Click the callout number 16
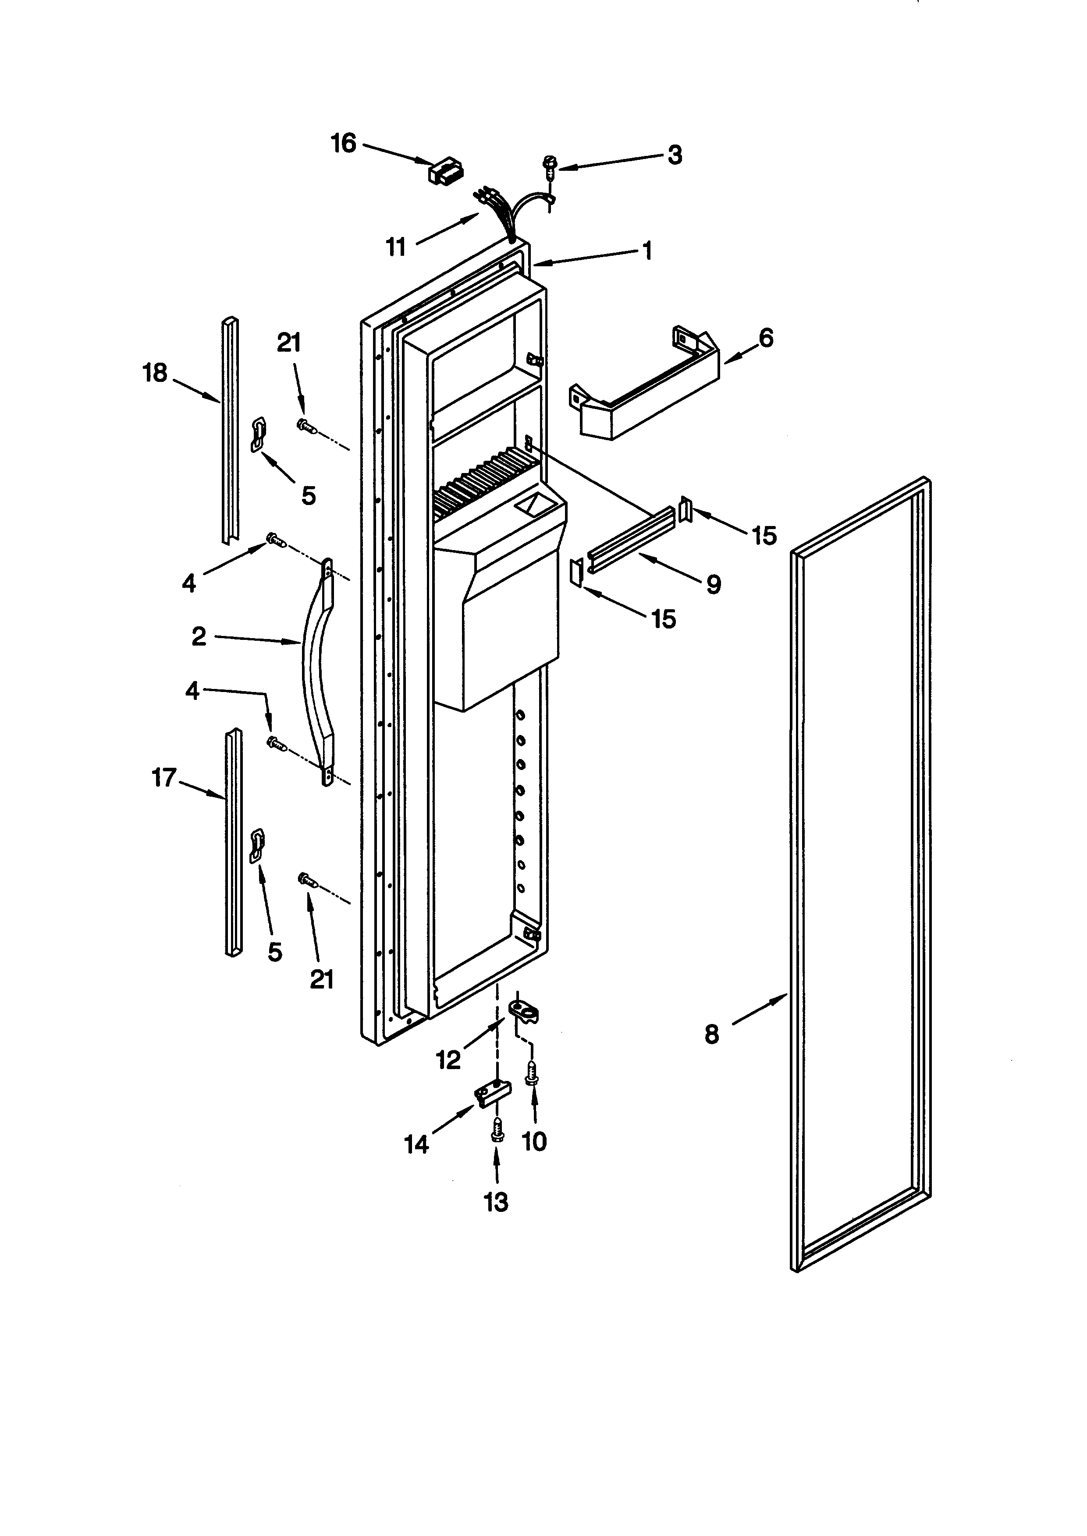click(x=344, y=143)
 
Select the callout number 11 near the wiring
click(x=396, y=247)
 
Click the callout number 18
click(x=155, y=373)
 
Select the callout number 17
click(x=163, y=777)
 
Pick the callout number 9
click(x=714, y=585)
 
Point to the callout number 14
click(x=416, y=1144)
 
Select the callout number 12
click(x=448, y=1059)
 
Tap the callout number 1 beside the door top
click(x=647, y=251)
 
